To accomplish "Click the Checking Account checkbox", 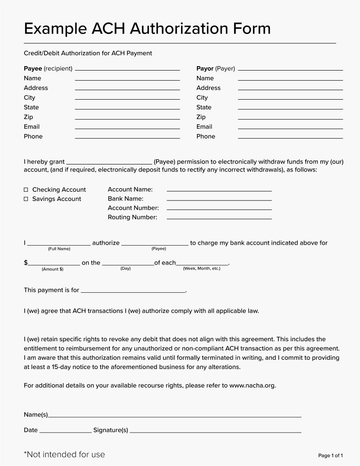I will pos(26,190).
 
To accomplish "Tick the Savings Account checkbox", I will pos(26,199).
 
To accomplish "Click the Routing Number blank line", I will pos(219,219).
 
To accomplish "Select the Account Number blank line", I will pos(219,209).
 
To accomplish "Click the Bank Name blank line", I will pos(219,200).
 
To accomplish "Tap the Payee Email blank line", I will pos(127,128).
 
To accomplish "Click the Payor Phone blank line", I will pos(290,138).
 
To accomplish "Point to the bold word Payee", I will pos(33,69).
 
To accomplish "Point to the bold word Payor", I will pos(205,69).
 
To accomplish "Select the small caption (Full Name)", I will pos(59,249).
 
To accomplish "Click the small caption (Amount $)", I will pos(52,269).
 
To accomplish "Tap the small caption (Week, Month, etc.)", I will pos(201,268).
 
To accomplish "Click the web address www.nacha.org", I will pos(252,385).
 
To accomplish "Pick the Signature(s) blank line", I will pos(215,432).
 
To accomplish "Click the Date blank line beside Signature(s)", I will pos(65,432).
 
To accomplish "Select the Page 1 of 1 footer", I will pos(330,455).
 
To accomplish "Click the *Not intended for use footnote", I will pos(64,454).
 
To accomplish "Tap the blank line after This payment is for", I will pos(133,291).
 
